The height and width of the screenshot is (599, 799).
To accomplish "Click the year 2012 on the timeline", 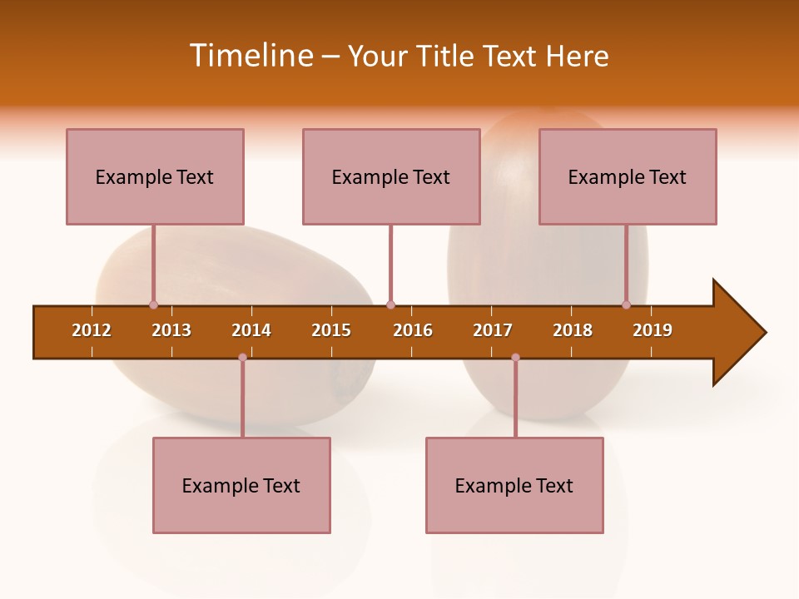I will [x=92, y=330].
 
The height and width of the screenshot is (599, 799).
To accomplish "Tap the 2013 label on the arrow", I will [x=171, y=330].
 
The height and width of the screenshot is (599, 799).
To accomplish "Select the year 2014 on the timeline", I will [x=251, y=330].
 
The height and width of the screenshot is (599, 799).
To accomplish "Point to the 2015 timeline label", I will [x=331, y=330].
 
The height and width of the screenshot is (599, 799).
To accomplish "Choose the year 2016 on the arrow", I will [x=413, y=330].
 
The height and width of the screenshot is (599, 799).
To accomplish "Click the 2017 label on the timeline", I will [x=493, y=330].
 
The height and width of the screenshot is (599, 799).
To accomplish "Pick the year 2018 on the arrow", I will [x=573, y=330].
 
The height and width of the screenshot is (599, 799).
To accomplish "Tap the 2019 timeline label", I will [x=653, y=330].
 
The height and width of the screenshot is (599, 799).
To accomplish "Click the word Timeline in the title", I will [x=250, y=56].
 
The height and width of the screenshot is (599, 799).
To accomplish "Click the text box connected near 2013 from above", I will [x=155, y=176].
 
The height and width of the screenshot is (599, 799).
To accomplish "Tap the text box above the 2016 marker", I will [x=391, y=176].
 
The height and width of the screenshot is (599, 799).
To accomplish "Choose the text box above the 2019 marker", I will [x=628, y=176].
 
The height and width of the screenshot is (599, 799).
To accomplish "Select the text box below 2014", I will [x=241, y=485].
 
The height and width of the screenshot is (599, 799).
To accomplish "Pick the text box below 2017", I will [x=514, y=485].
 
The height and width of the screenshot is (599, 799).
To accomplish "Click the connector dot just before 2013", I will [x=153, y=304].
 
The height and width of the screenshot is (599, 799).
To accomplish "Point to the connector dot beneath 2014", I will [x=242, y=358].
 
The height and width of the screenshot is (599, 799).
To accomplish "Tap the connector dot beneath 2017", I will [x=515, y=358].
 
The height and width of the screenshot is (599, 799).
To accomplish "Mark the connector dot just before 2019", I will [x=626, y=304].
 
